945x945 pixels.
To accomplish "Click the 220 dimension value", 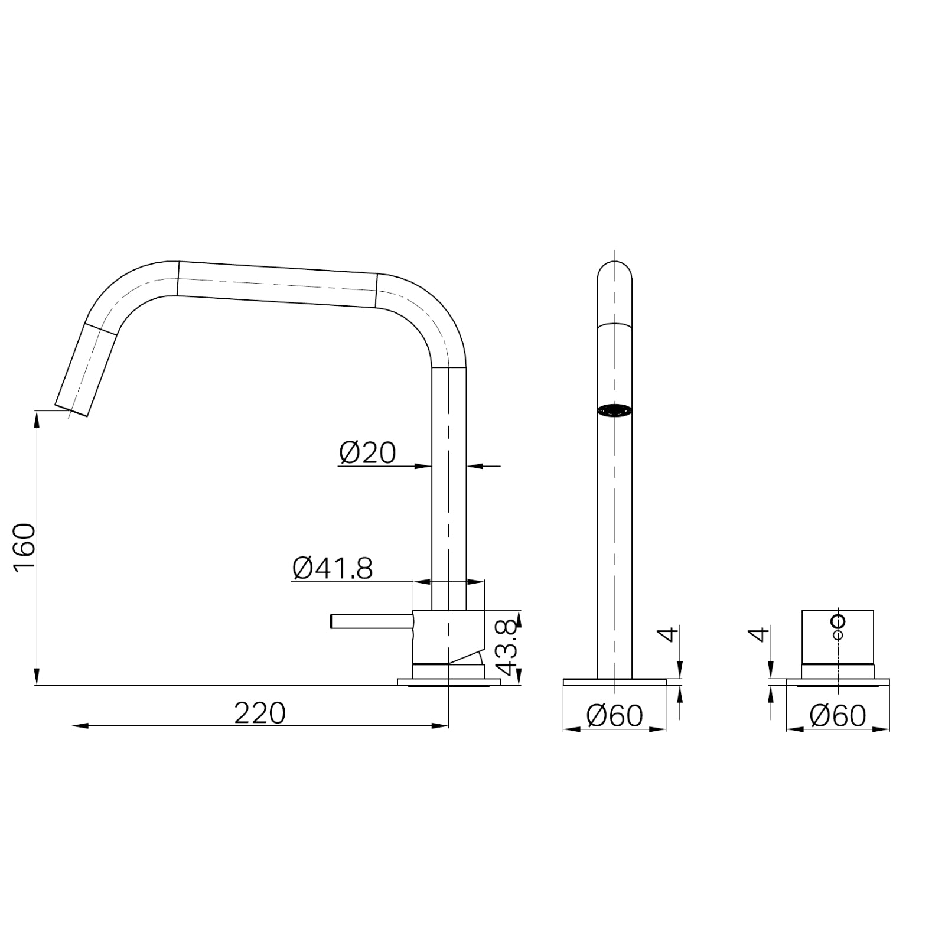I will coord(260,713).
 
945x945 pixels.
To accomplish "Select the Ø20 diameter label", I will coord(367,453).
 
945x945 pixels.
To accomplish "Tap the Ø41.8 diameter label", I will coord(333,569).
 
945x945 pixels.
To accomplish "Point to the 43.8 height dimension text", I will coord(508,647).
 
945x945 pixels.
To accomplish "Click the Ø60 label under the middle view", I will coord(614,716).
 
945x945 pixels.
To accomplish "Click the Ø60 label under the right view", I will coord(838,716).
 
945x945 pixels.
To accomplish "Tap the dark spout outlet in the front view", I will coord(615,410).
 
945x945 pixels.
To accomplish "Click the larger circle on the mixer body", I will coord(838,621).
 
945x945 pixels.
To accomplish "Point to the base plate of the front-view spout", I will coord(614,682).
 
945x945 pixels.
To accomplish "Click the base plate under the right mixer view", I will coord(838,683).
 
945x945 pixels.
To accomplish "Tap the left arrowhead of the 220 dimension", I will coord(77,725).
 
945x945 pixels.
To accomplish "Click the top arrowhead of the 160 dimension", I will coord(37,417).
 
